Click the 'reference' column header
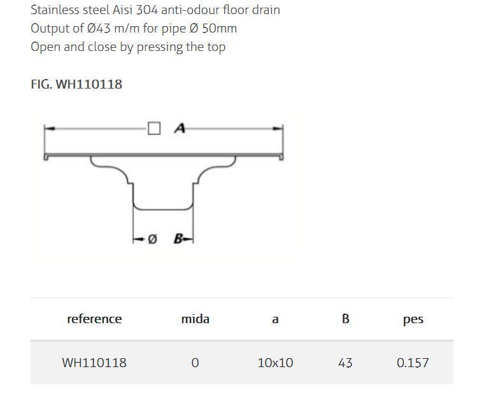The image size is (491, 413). click(94, 319)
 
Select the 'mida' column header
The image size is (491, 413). click(195, 319)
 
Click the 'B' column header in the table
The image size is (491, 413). click(345, 319)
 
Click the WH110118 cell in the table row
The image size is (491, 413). click(94, 363)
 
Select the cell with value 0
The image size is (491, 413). click(195, 363)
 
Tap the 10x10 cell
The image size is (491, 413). click(275, 363)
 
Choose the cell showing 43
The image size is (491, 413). click(345, 363)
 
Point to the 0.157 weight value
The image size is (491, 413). click(413, 363)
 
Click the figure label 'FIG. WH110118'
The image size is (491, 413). click(76, 84)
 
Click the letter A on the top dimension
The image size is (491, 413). click(180, 129)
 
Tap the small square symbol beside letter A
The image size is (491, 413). click(154, 129)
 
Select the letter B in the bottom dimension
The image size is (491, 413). click(179, 239)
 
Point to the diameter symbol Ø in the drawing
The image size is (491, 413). click(152, 239)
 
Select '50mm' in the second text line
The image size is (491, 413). click(219, 28)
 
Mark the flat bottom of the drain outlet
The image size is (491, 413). click(163, 208)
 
